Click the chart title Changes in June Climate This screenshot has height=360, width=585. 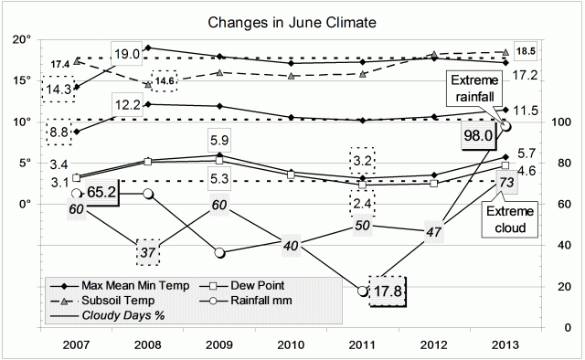point(292,19)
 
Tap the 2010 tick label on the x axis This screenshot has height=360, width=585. point(292,347)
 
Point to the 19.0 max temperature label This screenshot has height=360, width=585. point(127,54)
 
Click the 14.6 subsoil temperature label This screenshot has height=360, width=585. point(165,80)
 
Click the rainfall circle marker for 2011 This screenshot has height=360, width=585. point(363,291)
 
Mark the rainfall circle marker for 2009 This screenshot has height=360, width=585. point(219,252)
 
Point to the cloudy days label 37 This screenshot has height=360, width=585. point(149,252)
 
